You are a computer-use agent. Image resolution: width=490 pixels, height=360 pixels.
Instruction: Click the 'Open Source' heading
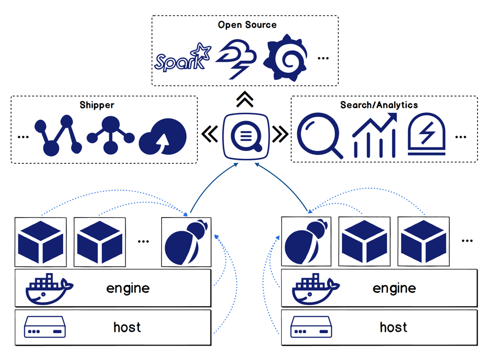pos(247,25)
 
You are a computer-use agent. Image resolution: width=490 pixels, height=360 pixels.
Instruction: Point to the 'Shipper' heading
pos(97,105)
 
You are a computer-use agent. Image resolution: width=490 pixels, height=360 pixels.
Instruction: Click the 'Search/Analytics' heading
pos(379,105)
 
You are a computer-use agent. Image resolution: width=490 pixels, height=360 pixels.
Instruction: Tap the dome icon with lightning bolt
pos(426,135)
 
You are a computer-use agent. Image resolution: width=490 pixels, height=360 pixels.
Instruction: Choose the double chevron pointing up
pos(245,99)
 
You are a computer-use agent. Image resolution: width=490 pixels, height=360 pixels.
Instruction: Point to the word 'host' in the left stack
pos(127,328)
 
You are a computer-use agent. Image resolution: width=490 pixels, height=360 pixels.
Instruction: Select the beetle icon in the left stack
pos(186,242)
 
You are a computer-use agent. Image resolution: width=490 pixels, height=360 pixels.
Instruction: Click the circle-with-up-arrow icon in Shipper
pos(163,137)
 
